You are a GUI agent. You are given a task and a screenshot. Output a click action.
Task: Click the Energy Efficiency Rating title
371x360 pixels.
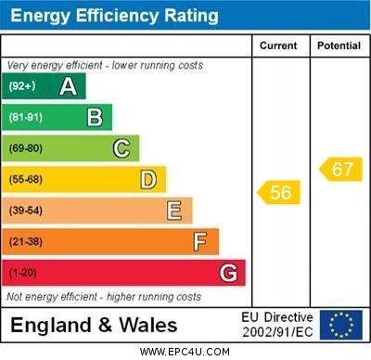point(114,16)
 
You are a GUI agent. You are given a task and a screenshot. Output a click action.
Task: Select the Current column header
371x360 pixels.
point(278,45)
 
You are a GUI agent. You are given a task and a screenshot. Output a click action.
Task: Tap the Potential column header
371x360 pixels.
point(339,45)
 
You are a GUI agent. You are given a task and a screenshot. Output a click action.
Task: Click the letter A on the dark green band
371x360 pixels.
point(68,86)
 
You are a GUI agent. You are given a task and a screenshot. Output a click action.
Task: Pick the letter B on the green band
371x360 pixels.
point(95,117)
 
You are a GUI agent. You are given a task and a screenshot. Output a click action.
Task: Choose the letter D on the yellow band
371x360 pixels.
point(147,179)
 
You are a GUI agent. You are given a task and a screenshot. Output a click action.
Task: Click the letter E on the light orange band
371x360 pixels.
point(173,211)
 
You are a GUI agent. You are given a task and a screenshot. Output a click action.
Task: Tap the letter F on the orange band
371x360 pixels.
point(199,242)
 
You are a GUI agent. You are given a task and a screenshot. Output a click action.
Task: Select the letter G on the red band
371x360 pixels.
point(227,273)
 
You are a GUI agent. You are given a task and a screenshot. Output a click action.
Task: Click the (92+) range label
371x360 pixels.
point(23,86)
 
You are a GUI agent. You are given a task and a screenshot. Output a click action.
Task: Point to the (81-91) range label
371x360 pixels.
point(27,117)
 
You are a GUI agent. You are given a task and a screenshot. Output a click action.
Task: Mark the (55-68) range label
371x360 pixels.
point(27,179)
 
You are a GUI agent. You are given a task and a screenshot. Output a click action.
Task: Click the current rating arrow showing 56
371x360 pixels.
point(278,192)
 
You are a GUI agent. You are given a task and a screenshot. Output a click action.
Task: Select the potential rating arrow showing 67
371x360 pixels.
point(340,169)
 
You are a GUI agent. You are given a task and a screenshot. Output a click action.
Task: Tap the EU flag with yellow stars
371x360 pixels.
point(340,325)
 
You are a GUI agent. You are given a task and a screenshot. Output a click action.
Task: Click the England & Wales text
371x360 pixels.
point(94,326)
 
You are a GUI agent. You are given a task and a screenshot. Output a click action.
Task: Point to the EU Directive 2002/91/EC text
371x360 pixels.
point(276,325)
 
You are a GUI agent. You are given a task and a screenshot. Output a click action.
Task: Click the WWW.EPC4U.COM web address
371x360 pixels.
point(185,352)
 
